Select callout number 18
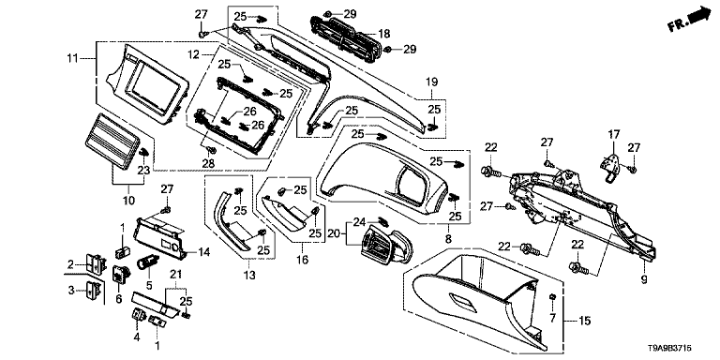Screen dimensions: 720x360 click(384, 34)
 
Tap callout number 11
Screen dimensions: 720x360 click(72, 58)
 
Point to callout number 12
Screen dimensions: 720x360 click(194, 55)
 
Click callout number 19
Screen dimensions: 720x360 click(432, 82)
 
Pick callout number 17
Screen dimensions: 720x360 click(614, 135)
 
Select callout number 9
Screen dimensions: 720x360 click(644, 278)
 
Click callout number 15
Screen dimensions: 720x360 click(585, 321)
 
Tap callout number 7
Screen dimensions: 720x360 click(553, 317)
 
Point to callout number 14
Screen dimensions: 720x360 click(204, 252)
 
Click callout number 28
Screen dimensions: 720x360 click(209, 164)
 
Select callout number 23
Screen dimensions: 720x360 click(144, 171)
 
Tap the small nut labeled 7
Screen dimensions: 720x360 click(553, 296)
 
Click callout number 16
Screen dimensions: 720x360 click(302, 261)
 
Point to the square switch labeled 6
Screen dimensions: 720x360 click(121, 275)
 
